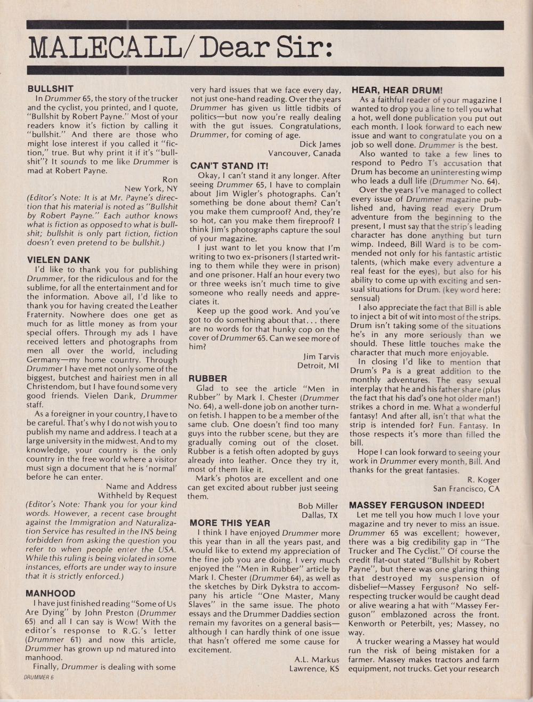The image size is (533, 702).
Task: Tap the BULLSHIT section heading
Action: point(51,89)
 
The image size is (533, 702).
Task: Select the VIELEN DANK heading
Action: point(59,260)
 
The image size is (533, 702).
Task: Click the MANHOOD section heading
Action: point(51,593)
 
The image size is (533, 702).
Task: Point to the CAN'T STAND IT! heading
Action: point(229,166)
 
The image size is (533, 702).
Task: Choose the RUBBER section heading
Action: point(208,378)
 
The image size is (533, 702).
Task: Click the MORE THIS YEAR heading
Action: point(230,523)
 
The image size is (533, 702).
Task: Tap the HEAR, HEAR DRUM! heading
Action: point(397,91)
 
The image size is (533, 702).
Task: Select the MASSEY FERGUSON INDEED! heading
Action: point(416,505)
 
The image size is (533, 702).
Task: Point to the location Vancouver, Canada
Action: point(304,154)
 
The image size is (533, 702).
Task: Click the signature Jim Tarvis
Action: point(321,356)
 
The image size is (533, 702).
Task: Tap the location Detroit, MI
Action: point(318,365)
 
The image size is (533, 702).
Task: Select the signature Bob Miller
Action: point(318,506)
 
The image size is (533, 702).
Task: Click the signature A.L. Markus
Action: point(317,659)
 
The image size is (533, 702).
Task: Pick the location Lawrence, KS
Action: point(314,668)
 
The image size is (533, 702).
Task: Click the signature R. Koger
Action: point(483,479)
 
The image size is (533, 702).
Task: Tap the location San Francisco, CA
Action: point(466,488)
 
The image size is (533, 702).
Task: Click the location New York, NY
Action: point(151,189)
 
